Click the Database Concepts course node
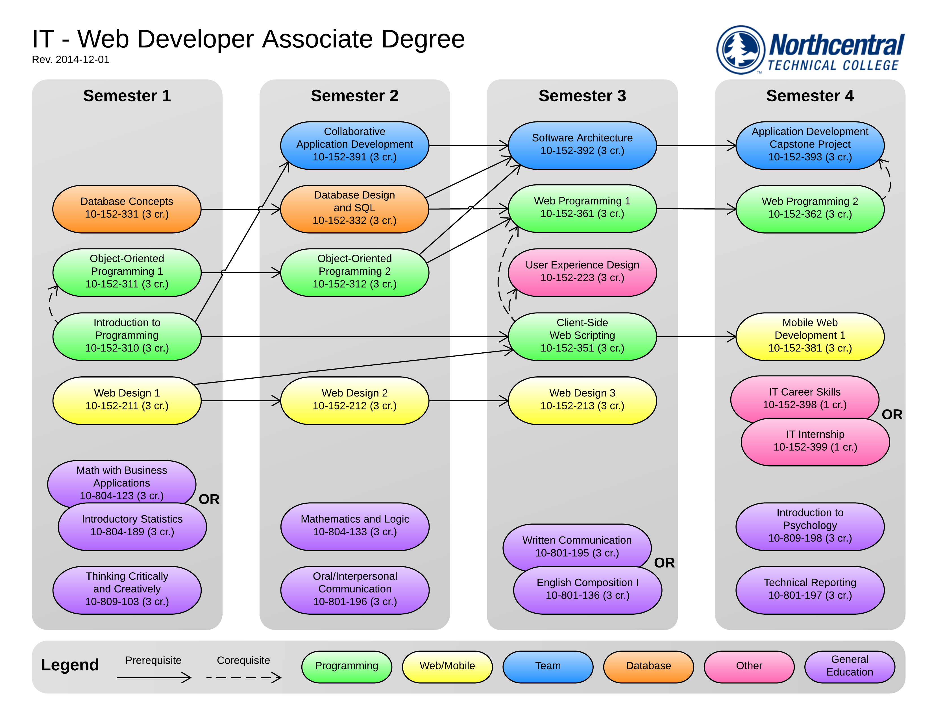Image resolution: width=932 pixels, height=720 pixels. coord(127,209)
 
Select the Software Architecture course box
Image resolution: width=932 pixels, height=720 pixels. coord(582,145)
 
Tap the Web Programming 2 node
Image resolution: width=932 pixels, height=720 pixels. coord(809,209)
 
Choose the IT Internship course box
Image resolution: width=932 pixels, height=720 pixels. coord(815,442)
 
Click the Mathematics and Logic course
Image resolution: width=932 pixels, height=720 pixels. coord(355,526)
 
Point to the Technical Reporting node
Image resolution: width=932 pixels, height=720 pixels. coord(809,590)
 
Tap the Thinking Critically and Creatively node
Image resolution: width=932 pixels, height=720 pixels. coord(127,590)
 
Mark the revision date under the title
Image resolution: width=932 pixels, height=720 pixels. coord(71,60)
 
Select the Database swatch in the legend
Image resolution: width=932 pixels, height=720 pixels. coord(648,666)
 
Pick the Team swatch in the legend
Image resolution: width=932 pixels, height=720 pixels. coord(548,666)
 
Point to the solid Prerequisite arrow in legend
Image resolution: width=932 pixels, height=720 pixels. coord(154,677)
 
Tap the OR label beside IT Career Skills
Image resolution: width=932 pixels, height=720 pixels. coord(892,414)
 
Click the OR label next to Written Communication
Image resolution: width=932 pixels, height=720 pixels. coord(664,563)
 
